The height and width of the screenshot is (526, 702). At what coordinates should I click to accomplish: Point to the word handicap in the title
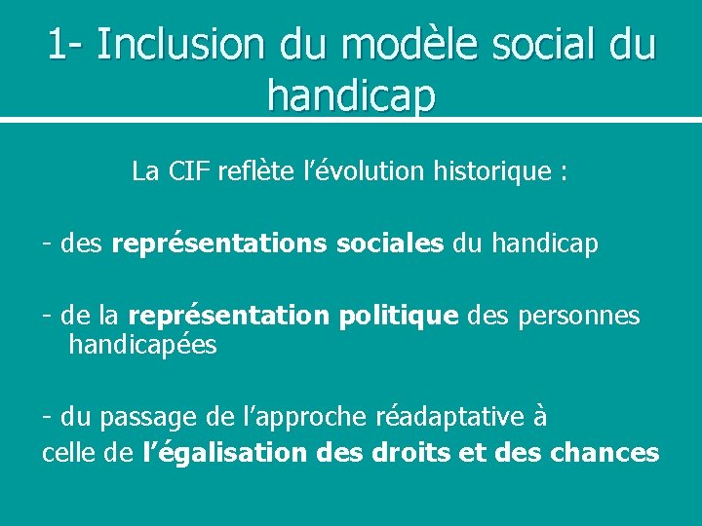pos(351,95)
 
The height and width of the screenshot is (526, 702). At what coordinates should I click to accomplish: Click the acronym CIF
pos(190,172)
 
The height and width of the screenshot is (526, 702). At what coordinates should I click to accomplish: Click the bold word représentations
pos(219,244)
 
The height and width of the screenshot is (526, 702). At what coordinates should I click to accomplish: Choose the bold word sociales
pos(389,244)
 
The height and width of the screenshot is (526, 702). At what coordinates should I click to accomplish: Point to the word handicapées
pos(142,344)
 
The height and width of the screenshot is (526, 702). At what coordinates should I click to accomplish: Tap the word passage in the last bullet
pos(151,417)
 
